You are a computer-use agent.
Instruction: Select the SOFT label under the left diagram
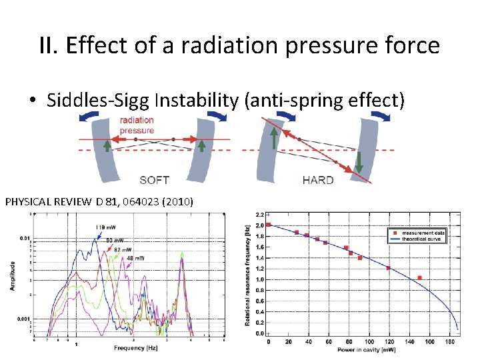[154, 180]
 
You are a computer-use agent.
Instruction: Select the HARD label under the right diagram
[318, 180]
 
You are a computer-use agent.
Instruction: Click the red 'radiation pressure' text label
[137, 125]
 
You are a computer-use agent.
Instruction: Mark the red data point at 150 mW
[419, 277]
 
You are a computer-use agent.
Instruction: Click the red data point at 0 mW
[268, 225]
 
